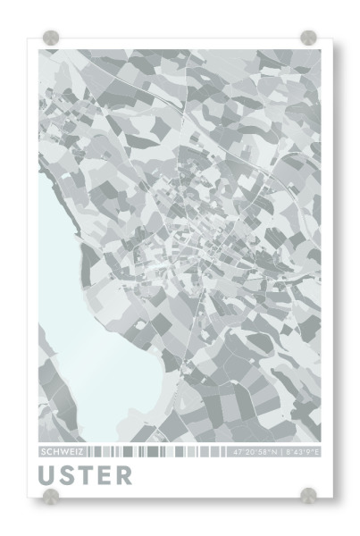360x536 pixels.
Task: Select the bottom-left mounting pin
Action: (51, 495)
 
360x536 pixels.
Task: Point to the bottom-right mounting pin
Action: (308, 495)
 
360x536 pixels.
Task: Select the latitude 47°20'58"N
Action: (255, 452)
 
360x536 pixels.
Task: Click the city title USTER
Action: (85, 474)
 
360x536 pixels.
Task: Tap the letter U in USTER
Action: (48, 474)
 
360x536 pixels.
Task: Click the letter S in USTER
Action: (68, 474)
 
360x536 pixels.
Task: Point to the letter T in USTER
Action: (86, 474)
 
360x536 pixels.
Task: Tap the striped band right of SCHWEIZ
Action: (156, 452)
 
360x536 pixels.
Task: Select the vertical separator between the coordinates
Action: (280, 452)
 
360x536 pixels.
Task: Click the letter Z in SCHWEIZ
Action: (80, 452)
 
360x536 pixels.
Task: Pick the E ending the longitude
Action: (317, 452)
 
